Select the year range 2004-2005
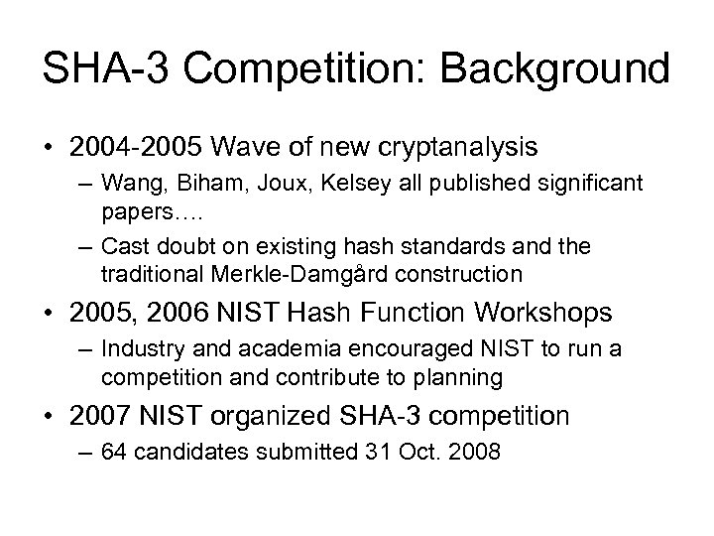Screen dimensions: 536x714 (134, 148)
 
